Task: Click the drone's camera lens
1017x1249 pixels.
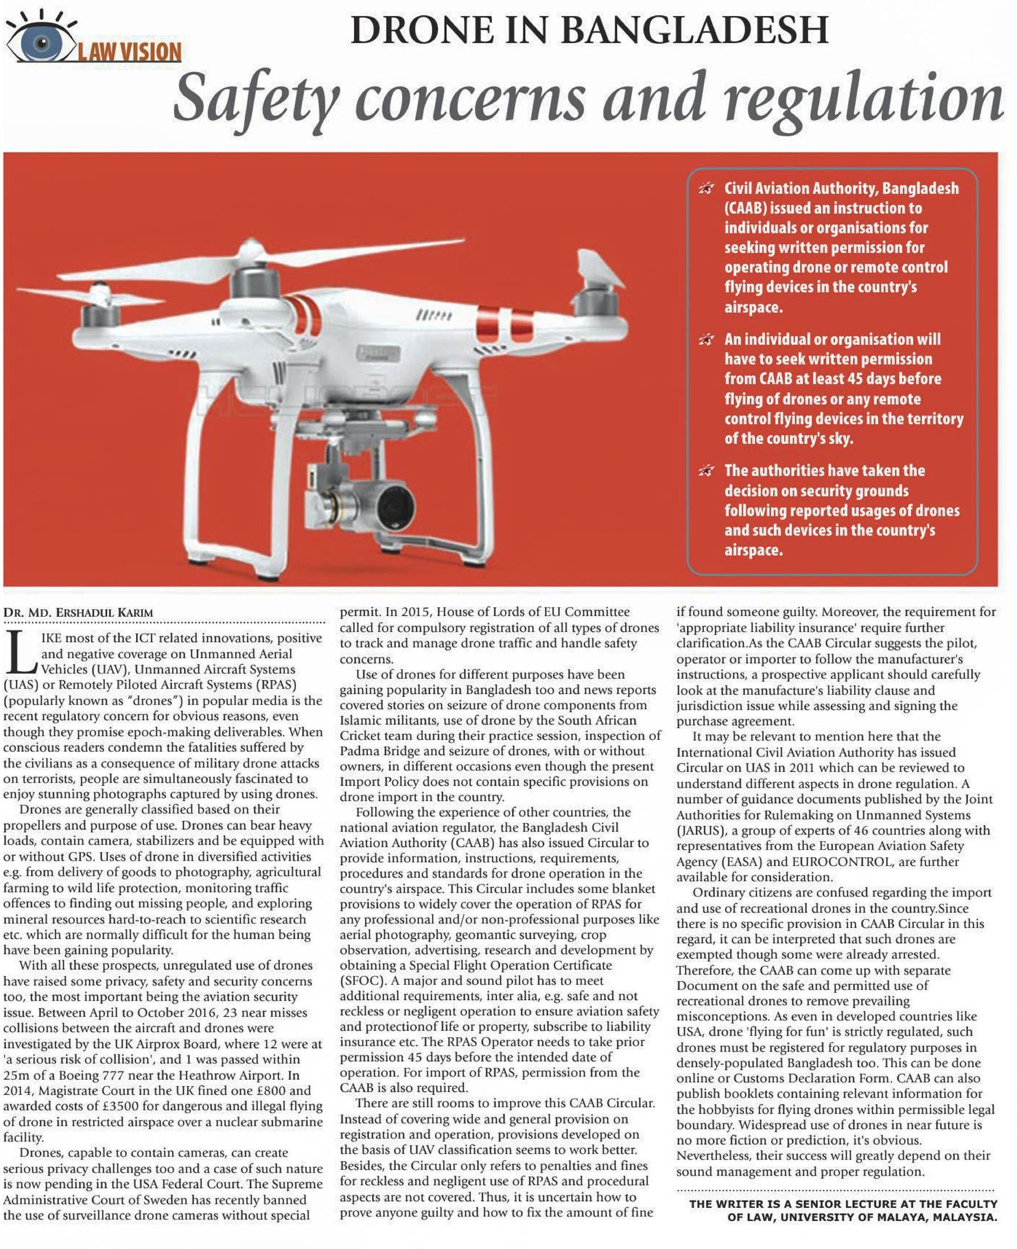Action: pyautogui.click(x=395, y=505)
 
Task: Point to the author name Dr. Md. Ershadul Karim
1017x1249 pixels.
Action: pyautogui.click(x=78, y=612)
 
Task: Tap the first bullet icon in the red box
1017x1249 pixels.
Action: pyautogui.click(x=707, y=189)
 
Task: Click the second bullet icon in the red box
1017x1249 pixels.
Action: pyautogui.click(x=707, y=340)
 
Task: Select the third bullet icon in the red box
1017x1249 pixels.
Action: pyautogui.click(x=707, y=471)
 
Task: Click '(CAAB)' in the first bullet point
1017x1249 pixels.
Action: pyautogui.click(x=745, y=208)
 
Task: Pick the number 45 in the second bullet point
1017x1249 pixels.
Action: pyautogui.click(x=855, y=378)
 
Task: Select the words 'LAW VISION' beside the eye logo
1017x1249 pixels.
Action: pyautogui.click(x=129, y=52)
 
